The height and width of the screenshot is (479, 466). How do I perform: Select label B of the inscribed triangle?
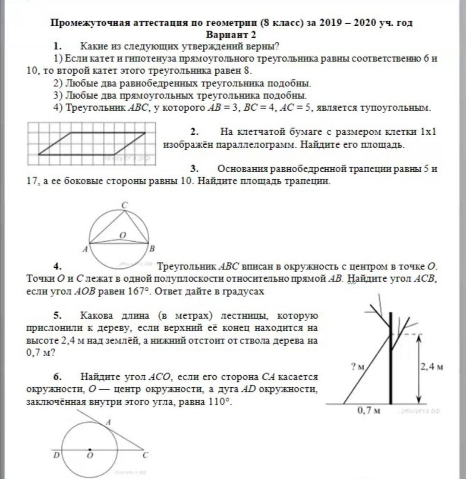point(151,249)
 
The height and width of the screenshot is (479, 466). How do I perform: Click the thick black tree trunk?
point(391,358)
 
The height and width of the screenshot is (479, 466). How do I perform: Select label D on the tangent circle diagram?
point(56,454)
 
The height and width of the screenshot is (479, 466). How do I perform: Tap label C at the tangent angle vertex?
point(145,454)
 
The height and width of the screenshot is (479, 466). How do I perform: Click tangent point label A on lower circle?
point(108,423)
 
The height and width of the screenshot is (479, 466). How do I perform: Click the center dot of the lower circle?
point(90,449)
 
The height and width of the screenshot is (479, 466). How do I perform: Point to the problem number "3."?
point(194,169)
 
